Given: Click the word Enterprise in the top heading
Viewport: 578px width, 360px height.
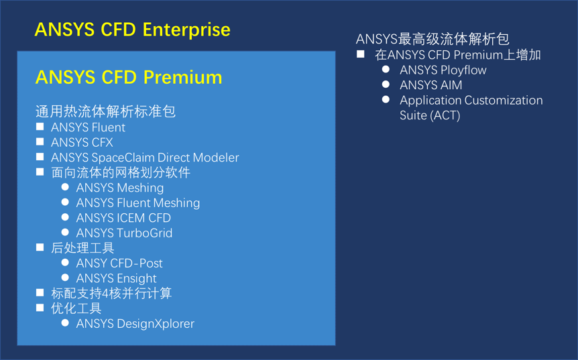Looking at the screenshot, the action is pos(186,30).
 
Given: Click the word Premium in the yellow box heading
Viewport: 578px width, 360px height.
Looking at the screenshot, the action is pos(182,78).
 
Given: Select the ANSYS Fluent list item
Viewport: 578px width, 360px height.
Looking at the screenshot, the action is pos(88,127).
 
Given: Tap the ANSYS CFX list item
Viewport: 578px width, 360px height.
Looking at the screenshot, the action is pos(82,143).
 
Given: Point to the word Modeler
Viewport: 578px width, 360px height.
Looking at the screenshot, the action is pos(216,158).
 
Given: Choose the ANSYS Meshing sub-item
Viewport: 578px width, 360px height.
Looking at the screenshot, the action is pos(120,188).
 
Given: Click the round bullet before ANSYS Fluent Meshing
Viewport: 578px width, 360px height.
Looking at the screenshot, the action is pos(65,202).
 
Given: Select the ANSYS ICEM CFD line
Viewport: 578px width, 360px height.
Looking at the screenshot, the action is pos(123,218).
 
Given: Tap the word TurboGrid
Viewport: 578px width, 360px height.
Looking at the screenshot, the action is pos(145,233).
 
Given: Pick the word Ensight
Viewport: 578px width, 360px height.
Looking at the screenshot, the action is pos(136,279).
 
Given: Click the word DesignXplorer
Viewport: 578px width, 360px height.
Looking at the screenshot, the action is pos(156,324).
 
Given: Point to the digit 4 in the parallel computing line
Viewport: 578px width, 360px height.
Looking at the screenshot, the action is pos(105,294).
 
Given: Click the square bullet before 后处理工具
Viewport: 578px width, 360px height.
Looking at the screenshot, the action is pos(40,247).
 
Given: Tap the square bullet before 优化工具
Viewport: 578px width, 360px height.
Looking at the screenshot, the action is pos(40,308).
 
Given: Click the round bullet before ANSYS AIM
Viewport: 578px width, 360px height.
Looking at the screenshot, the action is pos(386,84).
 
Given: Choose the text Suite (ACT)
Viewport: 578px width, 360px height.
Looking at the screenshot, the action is pos(430,116).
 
